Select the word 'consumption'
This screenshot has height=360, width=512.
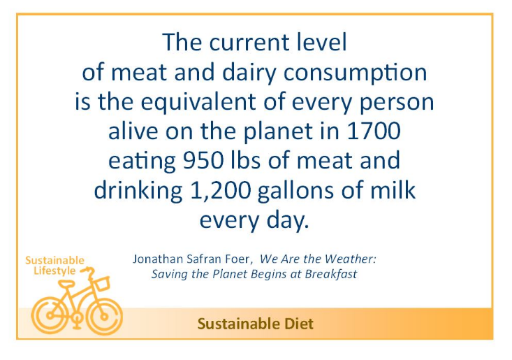[356, 73]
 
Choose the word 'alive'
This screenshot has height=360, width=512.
[133, 131]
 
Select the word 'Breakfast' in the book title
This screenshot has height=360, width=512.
[331, 274]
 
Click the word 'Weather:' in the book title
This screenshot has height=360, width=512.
[351, 259]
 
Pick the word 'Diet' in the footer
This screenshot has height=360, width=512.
[299, 324]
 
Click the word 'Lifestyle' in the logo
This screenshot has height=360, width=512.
[54, 271]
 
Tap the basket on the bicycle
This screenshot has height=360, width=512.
[102, 284]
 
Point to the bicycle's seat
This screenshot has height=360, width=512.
[66, 285]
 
